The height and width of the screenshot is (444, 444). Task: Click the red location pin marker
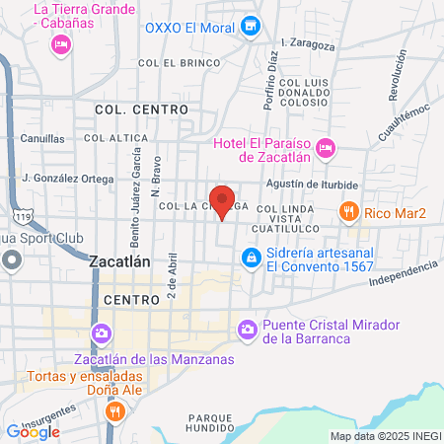223,201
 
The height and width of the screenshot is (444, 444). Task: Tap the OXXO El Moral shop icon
252,27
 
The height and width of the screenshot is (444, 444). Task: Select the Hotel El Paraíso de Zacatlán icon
328,148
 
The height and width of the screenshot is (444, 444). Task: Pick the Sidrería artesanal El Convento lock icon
252,258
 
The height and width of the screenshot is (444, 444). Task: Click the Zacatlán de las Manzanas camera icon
100,334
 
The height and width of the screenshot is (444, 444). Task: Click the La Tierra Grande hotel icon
60,43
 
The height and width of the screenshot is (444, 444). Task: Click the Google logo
33,431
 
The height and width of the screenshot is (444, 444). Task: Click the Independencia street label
402,274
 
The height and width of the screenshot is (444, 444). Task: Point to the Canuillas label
42,138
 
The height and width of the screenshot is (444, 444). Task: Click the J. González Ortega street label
67,179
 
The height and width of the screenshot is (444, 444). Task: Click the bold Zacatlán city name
119,263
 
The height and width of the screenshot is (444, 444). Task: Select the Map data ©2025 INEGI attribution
386,436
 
